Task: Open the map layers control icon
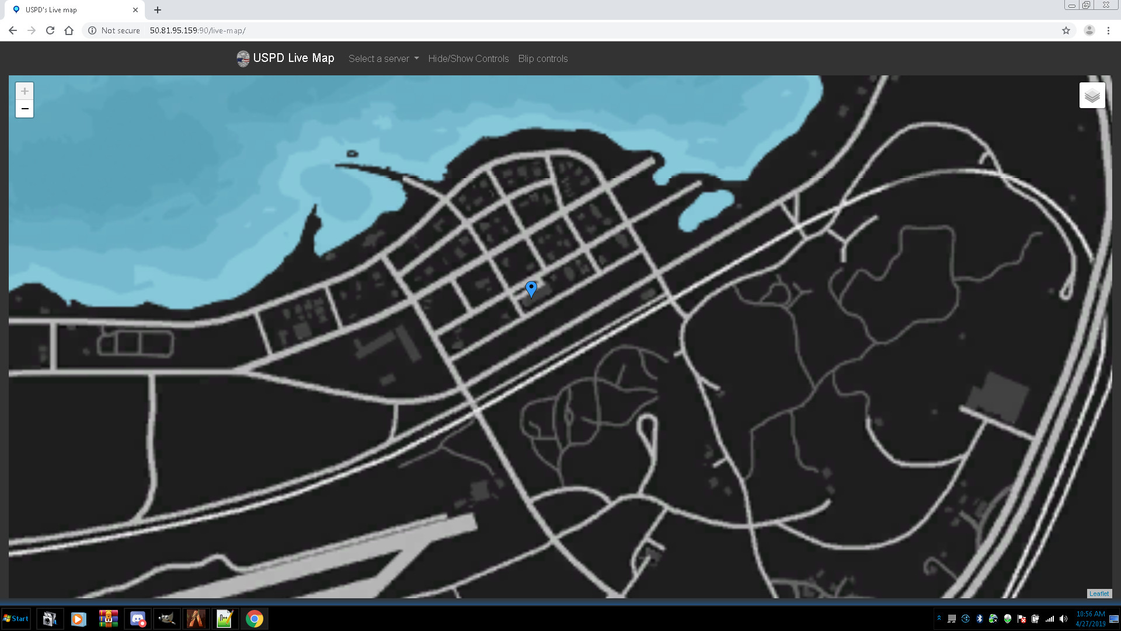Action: [x=1092, y=95]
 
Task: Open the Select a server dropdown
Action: [x=384, y=58]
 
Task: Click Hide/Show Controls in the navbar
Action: [x=468, y=58]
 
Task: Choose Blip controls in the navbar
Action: [x=542, y=58]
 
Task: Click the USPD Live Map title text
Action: [x=293, y=58]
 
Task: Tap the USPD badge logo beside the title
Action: [x=243, y=58]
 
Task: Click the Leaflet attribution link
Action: [x=1098, y=594]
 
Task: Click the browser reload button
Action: [x=50, y=30]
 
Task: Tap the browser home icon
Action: [x=69, y=30]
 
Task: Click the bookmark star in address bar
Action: [x=1066, y=30]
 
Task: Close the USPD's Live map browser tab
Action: [x=135, y=10]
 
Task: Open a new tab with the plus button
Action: [x=158, y=10]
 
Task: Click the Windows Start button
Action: [x=16, y=619]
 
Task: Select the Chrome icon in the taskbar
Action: [x=254, y=619]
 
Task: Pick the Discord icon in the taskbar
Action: [x=138, y=619]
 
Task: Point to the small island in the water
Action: [x=352, y=154]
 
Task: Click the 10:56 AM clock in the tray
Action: [x=1090, y=614]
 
